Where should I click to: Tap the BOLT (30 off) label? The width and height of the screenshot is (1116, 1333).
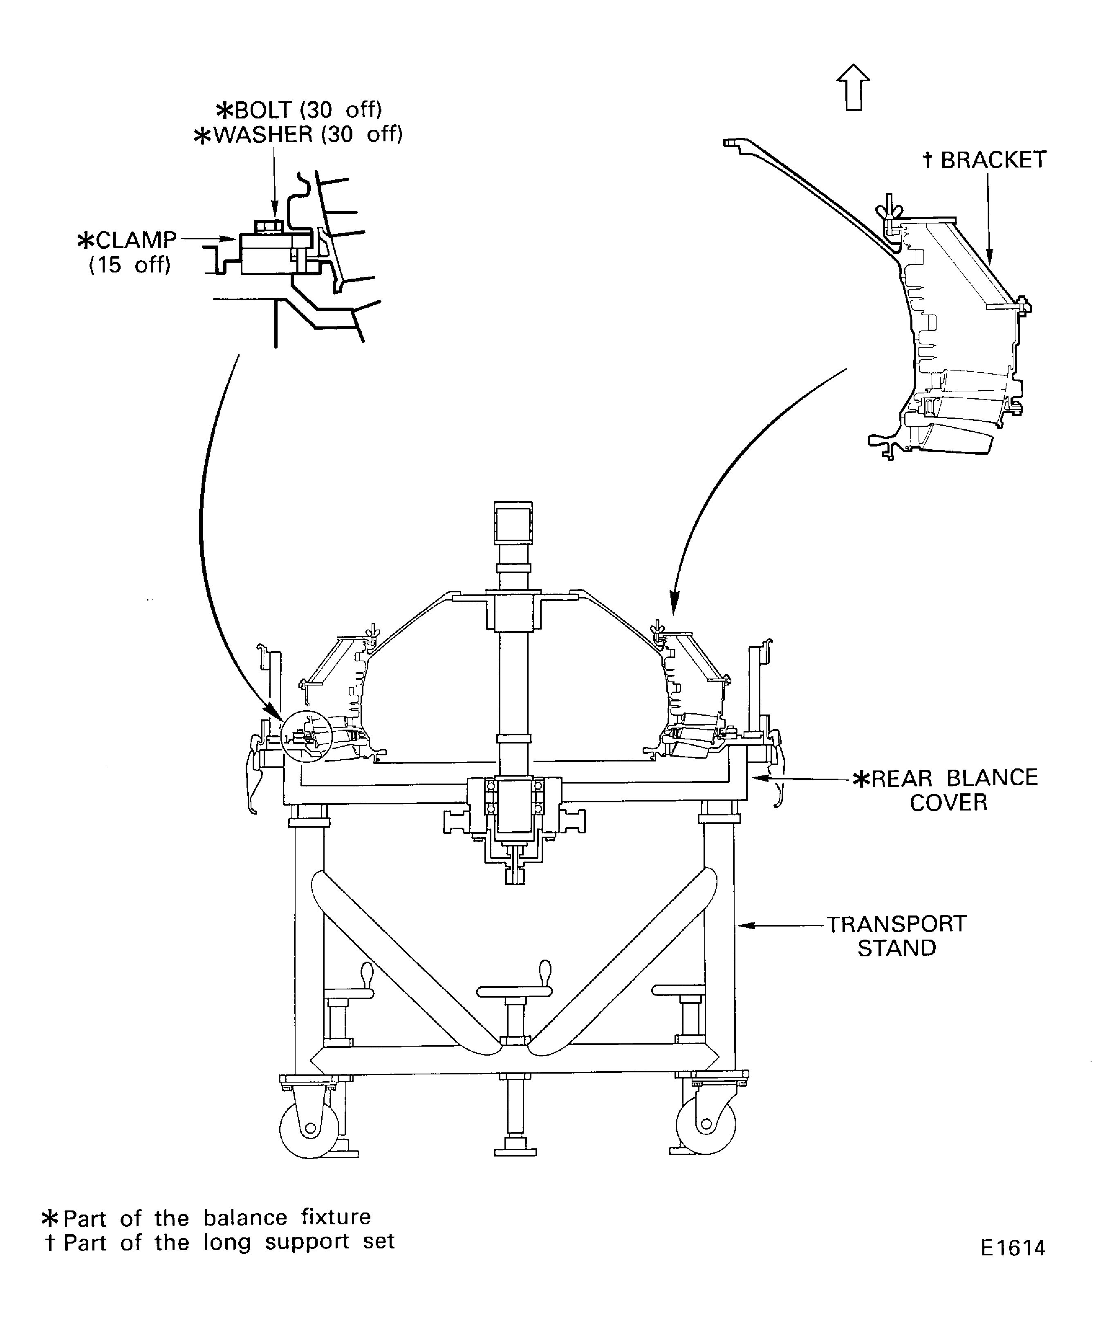(x=299, y=110)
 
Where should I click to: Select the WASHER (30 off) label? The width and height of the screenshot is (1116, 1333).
(x=298, y=134)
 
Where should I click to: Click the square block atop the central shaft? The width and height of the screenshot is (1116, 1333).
(x=513, y=524)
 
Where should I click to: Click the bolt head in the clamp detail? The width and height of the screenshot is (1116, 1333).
(x=268, y=226)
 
